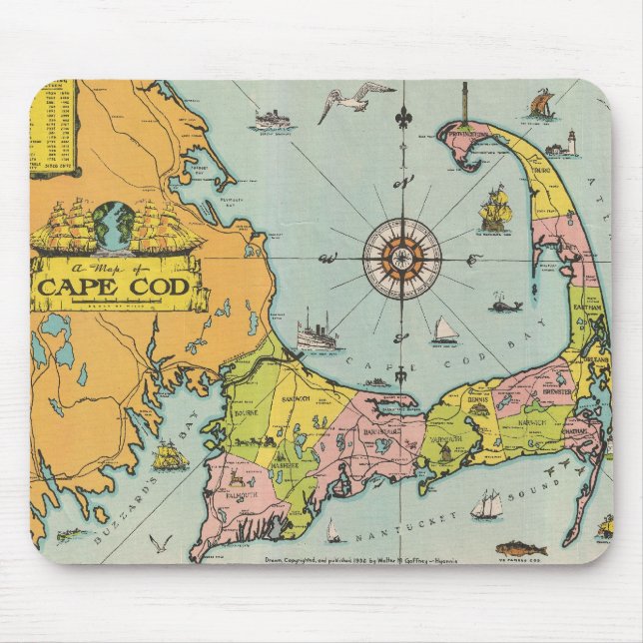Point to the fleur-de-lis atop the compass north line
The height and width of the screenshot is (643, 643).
coord(402,118)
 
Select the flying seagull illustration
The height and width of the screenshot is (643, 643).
coord(354,101)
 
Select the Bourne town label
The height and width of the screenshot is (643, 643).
coord(248,411)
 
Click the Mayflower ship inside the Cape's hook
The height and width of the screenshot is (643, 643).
coord(495,211)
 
